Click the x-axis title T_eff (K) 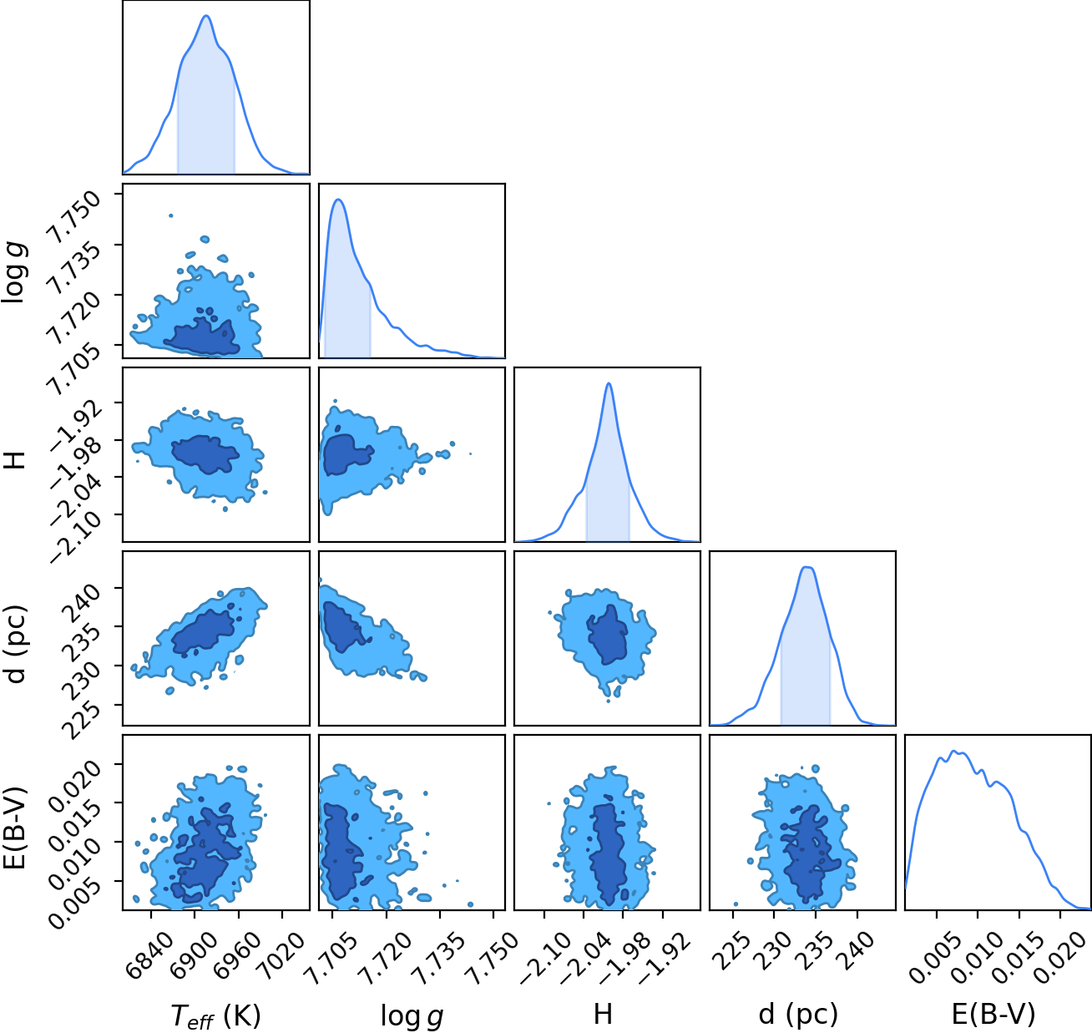pyautogui.click(x=215, y=1015)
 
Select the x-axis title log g pyautogui.click(x=412, y=1016)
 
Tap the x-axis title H pyautogui.click(x=604, y=1014)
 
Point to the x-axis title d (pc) pyautogui.click(x=798, y=1015)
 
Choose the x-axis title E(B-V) pyautogui.click(x=993, y=1014)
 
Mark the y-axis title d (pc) pyautogui.click(x=16, y=644)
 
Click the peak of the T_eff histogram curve pyautogui.click(x=206, y=16)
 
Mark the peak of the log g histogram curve pyautogui.click(x=338, y=200)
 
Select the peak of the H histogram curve pyautogui.click(x=609, y=382)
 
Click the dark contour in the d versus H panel pyautogui.click(x=608, y=635)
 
